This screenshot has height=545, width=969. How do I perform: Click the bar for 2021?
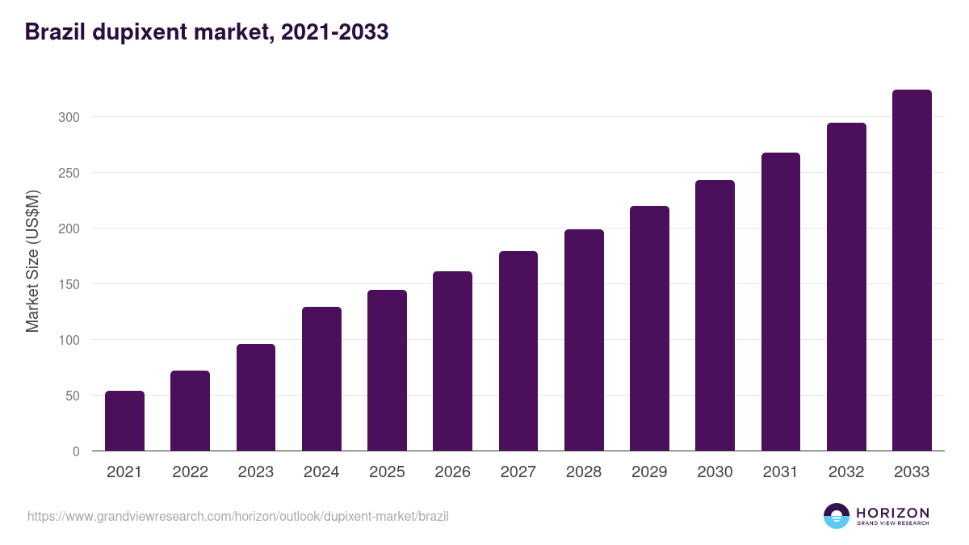point(124,421)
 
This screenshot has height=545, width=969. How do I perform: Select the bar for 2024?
point(321,379)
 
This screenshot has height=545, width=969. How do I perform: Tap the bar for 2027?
point(518,351)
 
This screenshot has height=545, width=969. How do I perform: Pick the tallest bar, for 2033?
point(912,270)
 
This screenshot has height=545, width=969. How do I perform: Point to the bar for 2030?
point(715,316)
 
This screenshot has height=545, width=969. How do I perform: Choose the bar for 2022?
point(190,411)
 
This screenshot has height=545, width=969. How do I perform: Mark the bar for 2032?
point(846,287)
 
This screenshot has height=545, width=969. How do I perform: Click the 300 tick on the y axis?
point(69,117)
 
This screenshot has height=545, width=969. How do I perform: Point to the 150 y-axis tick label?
point(69,284)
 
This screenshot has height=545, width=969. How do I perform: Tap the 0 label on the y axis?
point(76,451)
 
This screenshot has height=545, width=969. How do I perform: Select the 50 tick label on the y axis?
point(73,396)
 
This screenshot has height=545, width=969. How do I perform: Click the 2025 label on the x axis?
point(387,472)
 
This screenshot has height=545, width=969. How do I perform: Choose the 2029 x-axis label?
point(649,472)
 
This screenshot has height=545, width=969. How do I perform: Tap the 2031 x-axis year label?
point(780,472)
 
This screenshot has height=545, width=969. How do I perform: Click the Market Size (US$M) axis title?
point(32,261)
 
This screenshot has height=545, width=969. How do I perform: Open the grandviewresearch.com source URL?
point(238,516)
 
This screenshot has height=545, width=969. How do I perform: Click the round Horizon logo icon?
point(837,516)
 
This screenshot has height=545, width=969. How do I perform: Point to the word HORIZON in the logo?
point(892,512)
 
